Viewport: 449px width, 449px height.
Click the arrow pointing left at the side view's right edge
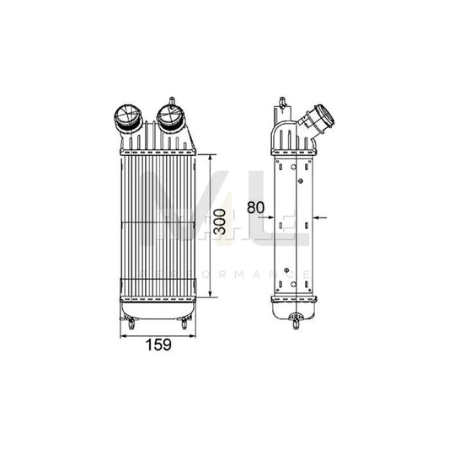click(x=318, y=217)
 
